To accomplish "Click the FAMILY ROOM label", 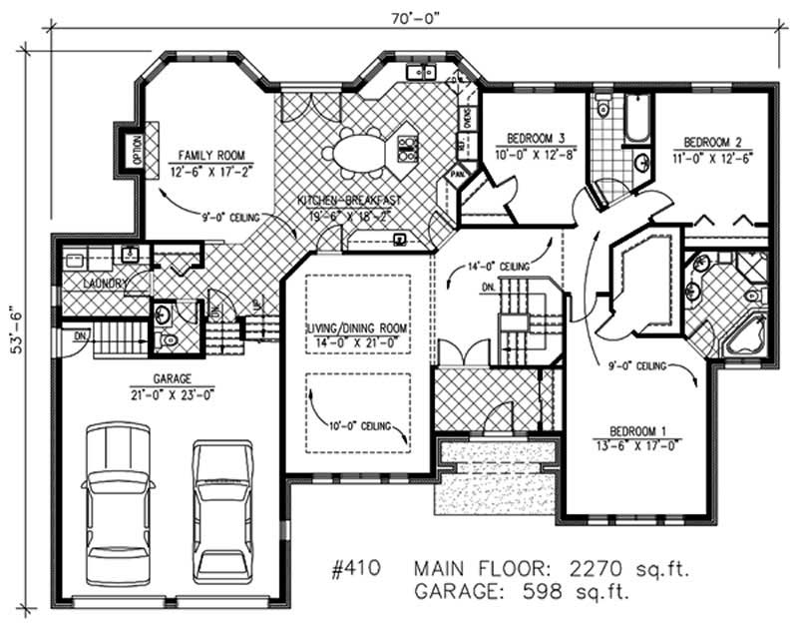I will click(x=210, y=155).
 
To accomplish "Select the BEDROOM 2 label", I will click(x=710, y=142).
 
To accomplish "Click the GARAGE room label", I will click(x=174, y=378).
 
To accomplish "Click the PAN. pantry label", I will click(x=458, y=175).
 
